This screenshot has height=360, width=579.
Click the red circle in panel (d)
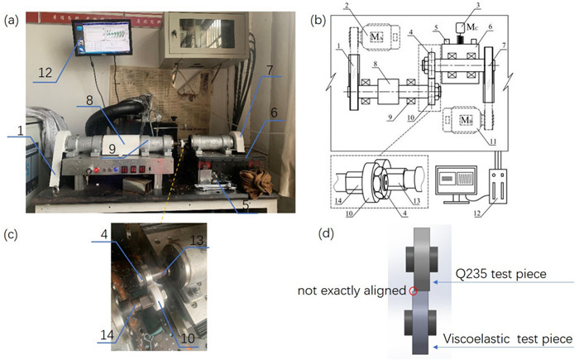click(413, 290)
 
